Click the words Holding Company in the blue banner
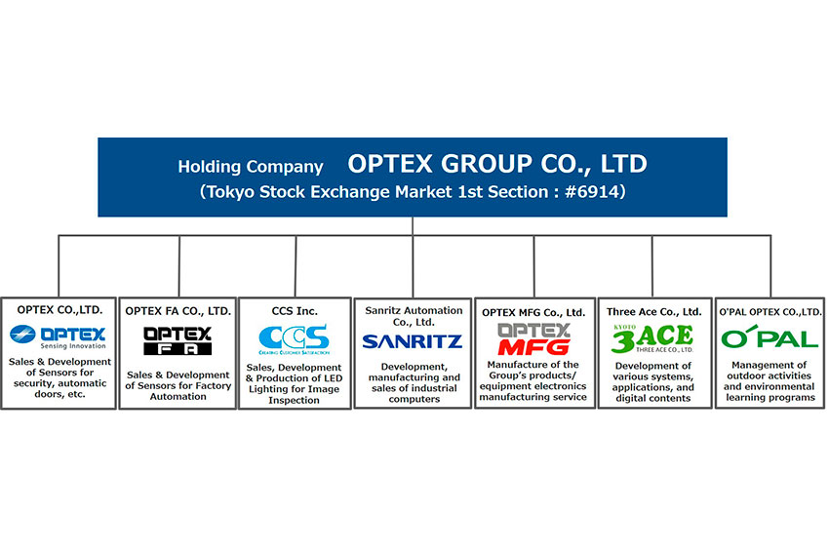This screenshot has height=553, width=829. point(250,167)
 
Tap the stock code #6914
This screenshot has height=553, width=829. point(592,191)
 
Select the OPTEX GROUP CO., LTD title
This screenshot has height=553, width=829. point(497,164)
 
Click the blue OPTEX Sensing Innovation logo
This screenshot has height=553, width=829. point(59,337)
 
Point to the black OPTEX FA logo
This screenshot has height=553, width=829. point(178,340)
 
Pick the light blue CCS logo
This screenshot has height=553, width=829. point(294,339)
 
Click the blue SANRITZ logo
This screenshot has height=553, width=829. point(413,341)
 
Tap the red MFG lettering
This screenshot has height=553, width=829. point(534,347)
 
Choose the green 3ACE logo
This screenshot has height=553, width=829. point(652,338)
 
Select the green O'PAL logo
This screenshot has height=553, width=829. point(770,337)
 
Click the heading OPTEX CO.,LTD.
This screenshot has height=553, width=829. point(59,310)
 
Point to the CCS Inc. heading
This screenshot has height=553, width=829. point(295,311)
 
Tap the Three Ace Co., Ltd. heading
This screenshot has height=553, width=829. point(654,312)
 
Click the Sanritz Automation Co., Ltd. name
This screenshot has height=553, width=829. point(414,316)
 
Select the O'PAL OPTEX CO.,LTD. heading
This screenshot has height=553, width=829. point(770,312)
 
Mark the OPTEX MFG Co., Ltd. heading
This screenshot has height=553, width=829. point(533,312)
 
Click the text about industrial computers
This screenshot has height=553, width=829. point(414,382)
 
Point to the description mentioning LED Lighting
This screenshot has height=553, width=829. point(294,384)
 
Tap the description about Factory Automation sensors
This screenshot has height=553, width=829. point(178,385)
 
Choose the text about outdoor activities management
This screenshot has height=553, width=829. point(770,381)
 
